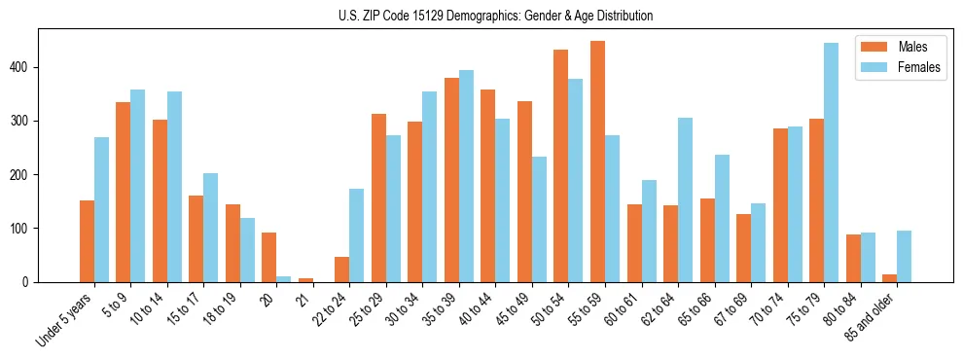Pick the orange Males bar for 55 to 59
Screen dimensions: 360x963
tap(597, 162)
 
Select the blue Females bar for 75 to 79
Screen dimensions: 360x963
tap(831, 162)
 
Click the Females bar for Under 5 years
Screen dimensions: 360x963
tap(101, 209)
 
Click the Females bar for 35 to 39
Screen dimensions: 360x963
tap(466, 176)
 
